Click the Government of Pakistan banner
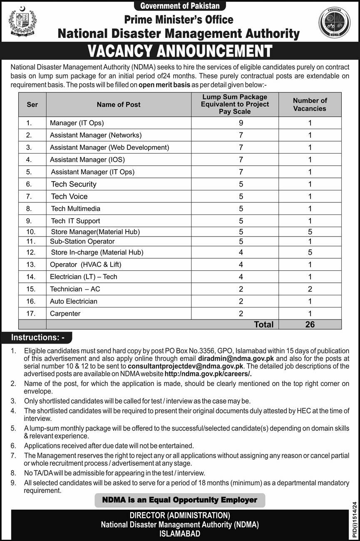pyautogui.click(x=180, y=6)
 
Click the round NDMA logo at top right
pyautogui.click(x=334, y=23)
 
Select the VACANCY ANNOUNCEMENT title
pyautogui.click(x=180, y=51)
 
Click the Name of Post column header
pyautogui.click(x=119, y=105)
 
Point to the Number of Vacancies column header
pyautogui.click(x=310, y=105)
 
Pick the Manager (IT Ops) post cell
pyautogui.click(x=77, y=123)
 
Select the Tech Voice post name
pyautogui.click(x=69, y=196)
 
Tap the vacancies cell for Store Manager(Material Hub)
pyautogui.click(x=310, y=232)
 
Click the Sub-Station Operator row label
pyautogui.click(x=82, y=242)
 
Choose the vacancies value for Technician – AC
pyautogui.click(x=310, y=289)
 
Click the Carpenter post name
pyautogui.click(x=65, y=314)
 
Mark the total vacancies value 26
pyautogui.click(x=310, y=324)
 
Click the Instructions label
pyautogui.click(x=37, y=337)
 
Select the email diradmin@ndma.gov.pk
pyautogui.click(x=236, y=358)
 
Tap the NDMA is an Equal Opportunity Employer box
pyautogui.click(x=180, y=500)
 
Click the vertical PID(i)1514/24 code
pyautogui.click(x=354, y=519)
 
